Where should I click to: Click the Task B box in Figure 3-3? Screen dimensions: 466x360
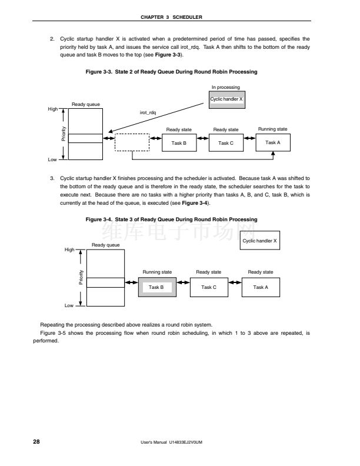click(179, 142)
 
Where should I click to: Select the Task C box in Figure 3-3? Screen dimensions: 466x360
click(226, 142)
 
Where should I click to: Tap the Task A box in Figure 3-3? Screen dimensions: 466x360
click(273, 142)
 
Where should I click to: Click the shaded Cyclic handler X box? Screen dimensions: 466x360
click(226, 99)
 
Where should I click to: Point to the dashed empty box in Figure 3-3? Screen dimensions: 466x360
click(132, 142)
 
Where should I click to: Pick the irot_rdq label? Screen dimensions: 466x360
click(148, 112)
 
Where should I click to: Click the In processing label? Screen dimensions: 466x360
click(226, 87)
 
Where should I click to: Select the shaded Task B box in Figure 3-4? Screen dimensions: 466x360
click(156, 287)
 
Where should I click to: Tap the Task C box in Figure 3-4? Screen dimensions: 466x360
click(209, 287)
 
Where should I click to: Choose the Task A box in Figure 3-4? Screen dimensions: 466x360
click(261, 287)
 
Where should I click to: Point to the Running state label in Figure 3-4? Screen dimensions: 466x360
click(157, 272)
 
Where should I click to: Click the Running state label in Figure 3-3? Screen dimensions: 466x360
click(273, 129)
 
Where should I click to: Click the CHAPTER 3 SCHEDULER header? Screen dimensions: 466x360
click(180, 16)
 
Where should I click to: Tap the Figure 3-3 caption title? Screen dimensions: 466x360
click(172, 72)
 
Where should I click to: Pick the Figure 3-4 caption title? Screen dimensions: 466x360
click(172, 219)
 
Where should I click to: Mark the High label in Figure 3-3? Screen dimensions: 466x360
click(53, 109)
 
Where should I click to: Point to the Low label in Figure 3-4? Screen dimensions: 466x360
click(69, 305)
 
